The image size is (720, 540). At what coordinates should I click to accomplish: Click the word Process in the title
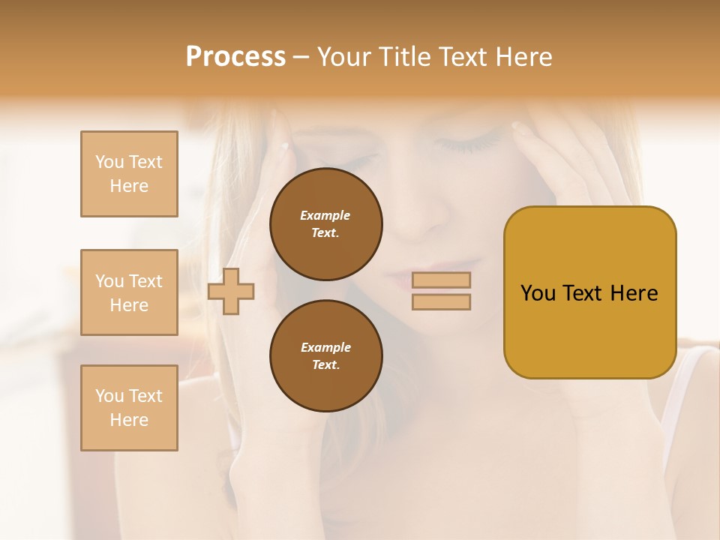235,57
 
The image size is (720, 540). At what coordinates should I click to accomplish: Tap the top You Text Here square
129,174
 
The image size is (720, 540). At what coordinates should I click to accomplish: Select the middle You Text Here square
129,292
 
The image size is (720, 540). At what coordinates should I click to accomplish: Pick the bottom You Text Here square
129,408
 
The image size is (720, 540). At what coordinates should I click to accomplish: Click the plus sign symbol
231,291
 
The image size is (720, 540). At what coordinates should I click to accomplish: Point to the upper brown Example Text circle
326,224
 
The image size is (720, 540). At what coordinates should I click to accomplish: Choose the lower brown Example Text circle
326,356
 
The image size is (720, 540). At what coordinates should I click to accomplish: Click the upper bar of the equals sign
441,280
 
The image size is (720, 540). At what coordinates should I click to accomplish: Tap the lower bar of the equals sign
441,302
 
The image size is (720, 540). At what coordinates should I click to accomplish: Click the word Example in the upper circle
325,215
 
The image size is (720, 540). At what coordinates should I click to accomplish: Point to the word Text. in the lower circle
325,365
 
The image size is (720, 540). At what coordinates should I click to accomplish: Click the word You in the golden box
538,293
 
